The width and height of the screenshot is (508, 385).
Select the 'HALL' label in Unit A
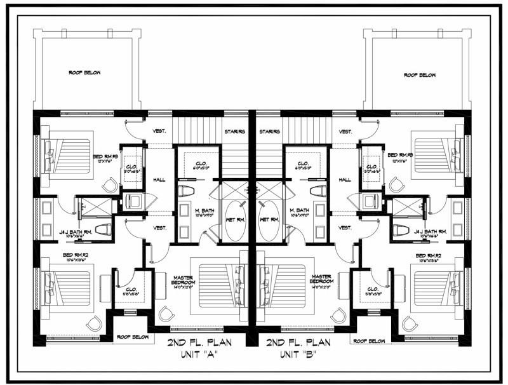click(x=159, y=180)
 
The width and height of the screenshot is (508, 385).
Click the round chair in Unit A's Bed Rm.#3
click(x=111, y=185)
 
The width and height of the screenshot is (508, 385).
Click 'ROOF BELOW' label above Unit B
click(x=420, y=74)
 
